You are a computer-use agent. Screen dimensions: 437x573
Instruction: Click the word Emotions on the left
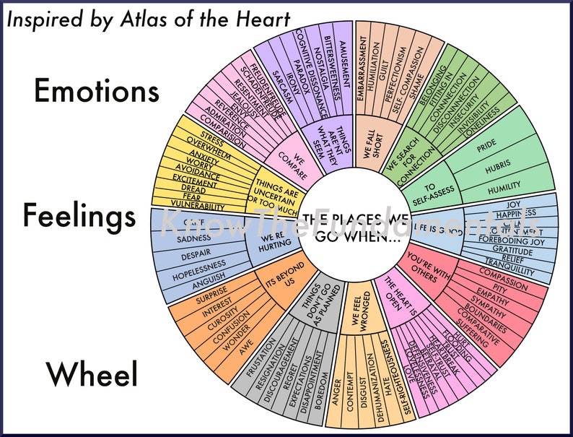coord(97,92)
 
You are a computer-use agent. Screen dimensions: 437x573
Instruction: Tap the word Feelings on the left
coord(79,216)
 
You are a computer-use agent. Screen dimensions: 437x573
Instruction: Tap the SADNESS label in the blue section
coord(194,239)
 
